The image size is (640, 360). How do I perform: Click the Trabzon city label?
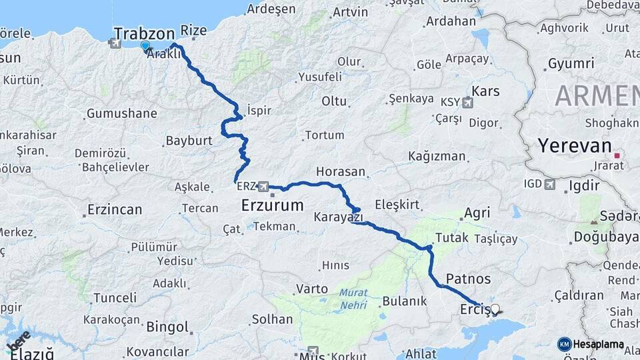click(144, 33)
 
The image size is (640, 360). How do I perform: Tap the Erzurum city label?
click(272, 205)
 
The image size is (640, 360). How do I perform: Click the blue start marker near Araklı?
click(145, 45)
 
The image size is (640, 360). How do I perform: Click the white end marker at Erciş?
click(494, 309)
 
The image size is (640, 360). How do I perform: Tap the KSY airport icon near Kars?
click(467, 102)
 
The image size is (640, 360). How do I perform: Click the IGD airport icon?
click(549, 183)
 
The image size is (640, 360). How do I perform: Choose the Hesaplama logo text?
click(597, 345)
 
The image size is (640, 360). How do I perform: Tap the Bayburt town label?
click(189, 141)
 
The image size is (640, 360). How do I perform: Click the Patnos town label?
click(468, 279)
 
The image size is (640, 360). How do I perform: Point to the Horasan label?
click(341, 171)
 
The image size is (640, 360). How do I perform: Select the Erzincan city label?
click(115, 209)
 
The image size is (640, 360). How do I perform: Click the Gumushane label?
click(122, 113)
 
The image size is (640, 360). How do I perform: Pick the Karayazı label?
click(339, 217)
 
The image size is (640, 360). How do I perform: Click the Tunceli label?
click(115, 297)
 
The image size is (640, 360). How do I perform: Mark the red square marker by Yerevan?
click(617, 155)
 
